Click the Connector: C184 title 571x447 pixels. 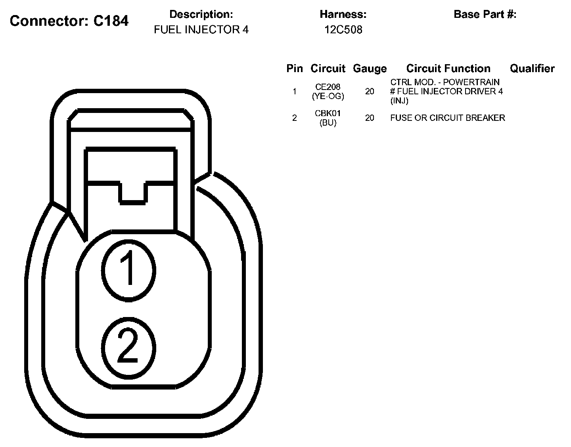(69, 21)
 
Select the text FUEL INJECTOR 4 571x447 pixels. (201, 30)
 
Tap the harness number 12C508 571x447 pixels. (343, 30)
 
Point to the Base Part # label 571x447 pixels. (485, 15)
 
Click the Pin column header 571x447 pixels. (294, 69)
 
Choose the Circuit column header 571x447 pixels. (328, 69)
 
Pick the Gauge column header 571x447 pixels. (370, 69)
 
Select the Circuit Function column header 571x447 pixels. (448, 69)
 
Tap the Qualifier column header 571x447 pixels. (532, 69)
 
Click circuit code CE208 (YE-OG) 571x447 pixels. (328, 91)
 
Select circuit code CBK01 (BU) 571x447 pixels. (328, 118)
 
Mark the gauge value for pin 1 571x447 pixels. (370, 92)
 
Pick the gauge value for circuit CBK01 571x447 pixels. (370, 118)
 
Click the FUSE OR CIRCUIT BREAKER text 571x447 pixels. (447, 118)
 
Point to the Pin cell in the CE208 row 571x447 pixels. (294, 92)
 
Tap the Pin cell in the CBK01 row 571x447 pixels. (294, 118)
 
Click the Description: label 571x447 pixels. (201, 15)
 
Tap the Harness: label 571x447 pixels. (343, 15)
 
